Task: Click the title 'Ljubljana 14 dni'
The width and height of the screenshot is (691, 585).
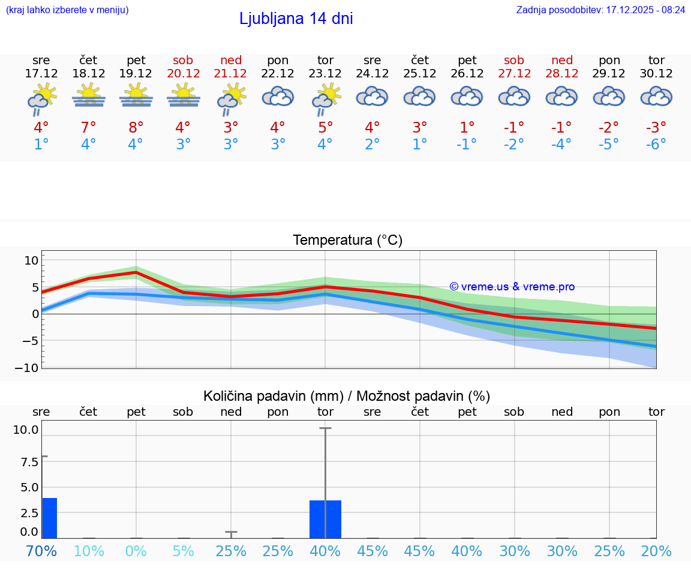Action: [296, 19]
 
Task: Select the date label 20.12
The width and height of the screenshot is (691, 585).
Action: [183, 74]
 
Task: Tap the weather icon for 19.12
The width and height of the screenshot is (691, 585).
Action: [136, 95]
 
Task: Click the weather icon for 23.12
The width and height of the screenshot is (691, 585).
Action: [325, 98]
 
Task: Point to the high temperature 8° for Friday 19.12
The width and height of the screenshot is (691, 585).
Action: [136, 128]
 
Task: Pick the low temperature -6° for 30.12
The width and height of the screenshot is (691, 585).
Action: [656, 145]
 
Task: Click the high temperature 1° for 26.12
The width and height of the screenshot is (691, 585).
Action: [467, 128]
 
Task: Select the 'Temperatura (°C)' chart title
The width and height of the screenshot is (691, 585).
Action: [347, 241]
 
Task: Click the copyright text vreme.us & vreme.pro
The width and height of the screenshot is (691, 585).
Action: [512, 287]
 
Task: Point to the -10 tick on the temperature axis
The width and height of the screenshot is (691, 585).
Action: [28, 368]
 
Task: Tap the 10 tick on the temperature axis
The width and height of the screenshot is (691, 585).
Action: [31, 260]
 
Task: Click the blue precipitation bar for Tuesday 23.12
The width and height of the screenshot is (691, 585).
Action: [325, 519]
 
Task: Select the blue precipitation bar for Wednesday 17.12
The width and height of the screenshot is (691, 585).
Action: [49, 518]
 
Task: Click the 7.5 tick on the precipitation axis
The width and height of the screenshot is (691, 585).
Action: [29, 461]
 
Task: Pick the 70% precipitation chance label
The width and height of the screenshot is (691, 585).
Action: [41, 551]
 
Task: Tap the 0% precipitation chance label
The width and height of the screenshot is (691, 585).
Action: [136, 551]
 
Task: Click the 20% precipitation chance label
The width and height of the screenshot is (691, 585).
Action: [656, 551]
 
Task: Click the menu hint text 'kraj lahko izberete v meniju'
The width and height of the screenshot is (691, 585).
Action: [67, 10]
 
